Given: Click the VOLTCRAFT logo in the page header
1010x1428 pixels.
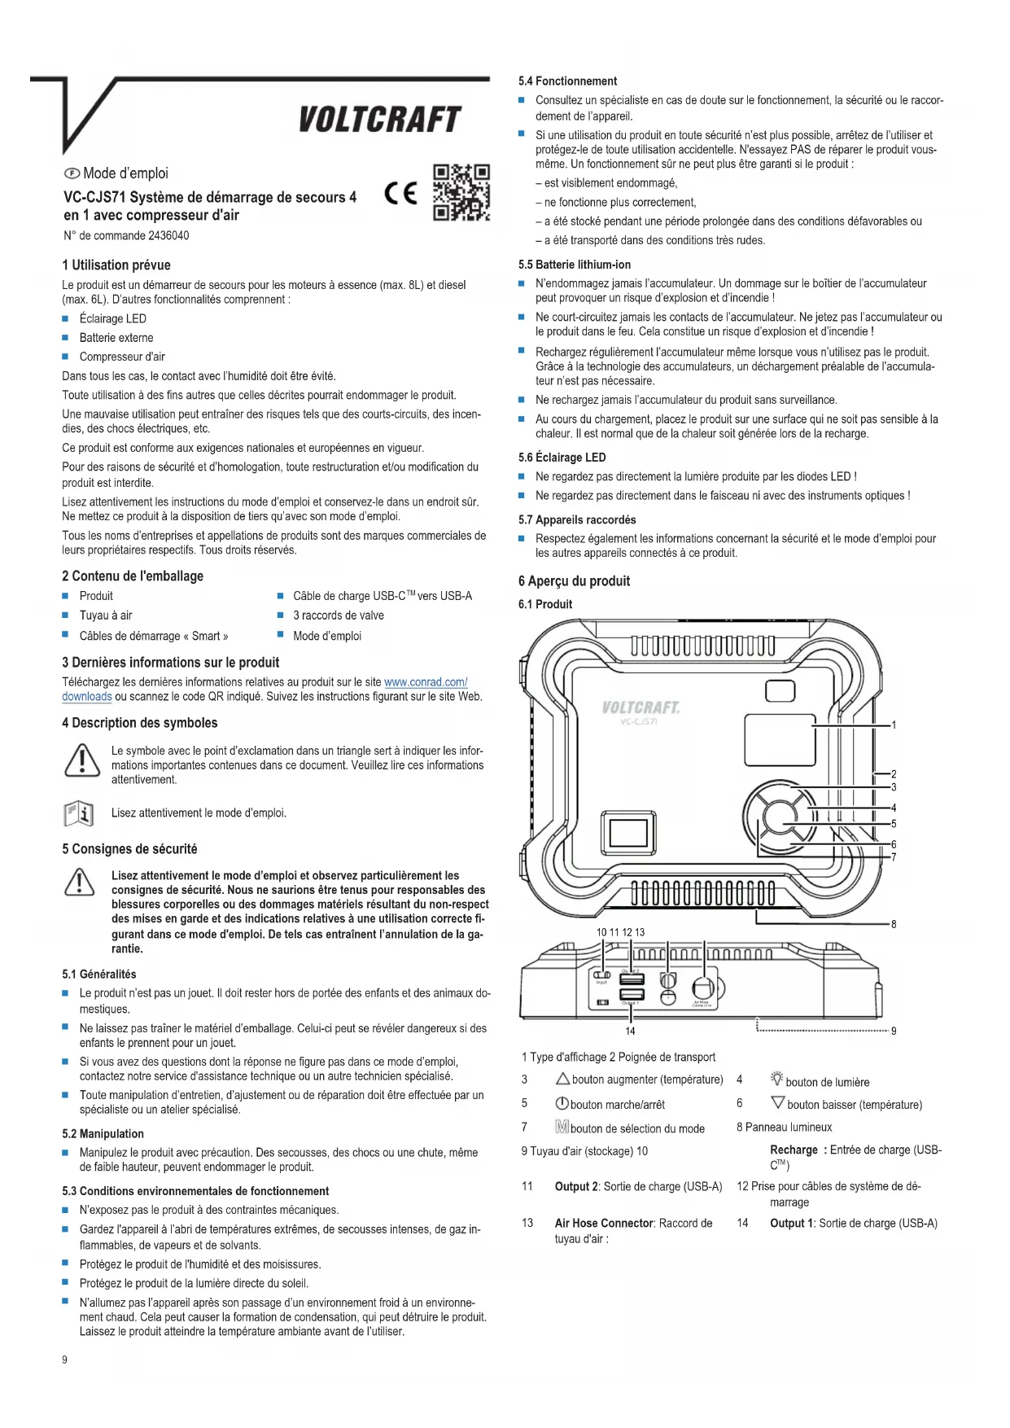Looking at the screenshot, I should pyautogui.click(x=379, y=120).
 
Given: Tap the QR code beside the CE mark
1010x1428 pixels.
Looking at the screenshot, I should pyautogui.click(x=461, y=193).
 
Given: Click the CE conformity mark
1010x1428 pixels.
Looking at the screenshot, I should pyautogui.click(x=401, y=194).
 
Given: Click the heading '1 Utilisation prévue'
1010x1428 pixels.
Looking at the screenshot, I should pyautogui.click(x=116, y=265).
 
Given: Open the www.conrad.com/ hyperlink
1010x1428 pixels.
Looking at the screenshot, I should pyautogui.click(x=425, y=682).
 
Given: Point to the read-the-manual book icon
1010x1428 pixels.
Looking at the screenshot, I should pyautogui.click(x=79, y=813).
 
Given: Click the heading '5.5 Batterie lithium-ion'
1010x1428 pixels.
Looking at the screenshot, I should pyautogui.click(x=575, y=265).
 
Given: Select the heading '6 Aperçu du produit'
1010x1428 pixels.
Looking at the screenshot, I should pyautogui.click(x=574, y=581).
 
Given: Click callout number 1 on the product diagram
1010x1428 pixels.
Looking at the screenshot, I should pyautogui.click(x=894, y=725).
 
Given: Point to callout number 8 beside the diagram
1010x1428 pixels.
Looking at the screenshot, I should pyautogui.click(x=894, y=924).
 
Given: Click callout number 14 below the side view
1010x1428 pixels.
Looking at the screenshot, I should pyautogui.click(x=630, y=1032).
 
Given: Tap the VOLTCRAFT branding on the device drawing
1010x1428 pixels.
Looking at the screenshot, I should pyautogui.click(x=641, y=707).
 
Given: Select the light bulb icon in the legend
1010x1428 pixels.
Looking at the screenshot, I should pyautogui.click(x=776, y=1080).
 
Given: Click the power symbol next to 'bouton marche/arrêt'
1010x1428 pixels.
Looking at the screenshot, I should pyautogui.click(x=562, y=1105).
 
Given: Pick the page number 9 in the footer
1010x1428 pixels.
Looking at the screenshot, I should pyautogui.click(x=65, y=1360).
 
